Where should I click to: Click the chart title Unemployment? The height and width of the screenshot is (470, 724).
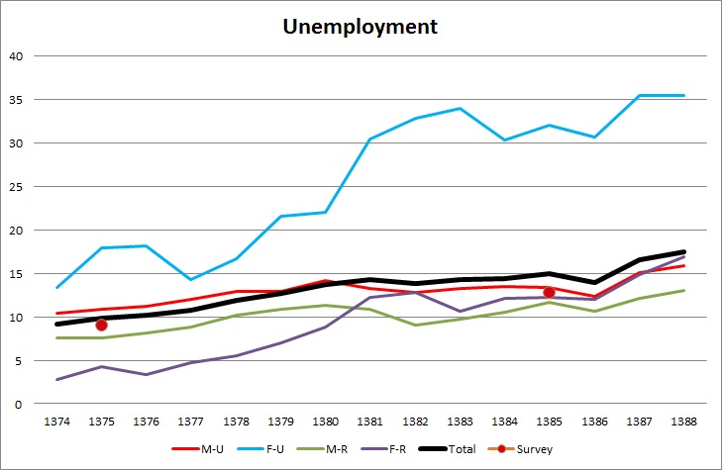pyautogui.click(x=361, y=26)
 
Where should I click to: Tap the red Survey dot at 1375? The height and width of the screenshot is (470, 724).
pyautogui.click(x=101, y=325)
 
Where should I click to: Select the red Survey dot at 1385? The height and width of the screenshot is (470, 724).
pyautogui.click(x=549, y=292)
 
